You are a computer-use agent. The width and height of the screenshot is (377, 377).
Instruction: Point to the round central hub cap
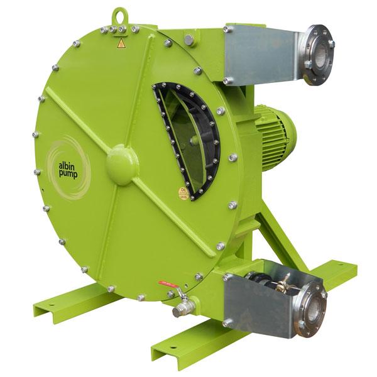(x=121, y=164)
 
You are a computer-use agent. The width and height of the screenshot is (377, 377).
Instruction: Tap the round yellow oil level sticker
(x=183, y=193)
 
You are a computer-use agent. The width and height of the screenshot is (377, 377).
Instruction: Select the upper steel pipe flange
(x=317, y=55)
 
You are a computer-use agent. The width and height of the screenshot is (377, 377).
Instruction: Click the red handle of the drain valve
(x=168, y=285)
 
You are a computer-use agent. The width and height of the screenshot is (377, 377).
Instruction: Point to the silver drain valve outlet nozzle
(x=182, y=310)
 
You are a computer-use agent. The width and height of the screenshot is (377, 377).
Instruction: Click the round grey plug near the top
(x=188, y=40)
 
